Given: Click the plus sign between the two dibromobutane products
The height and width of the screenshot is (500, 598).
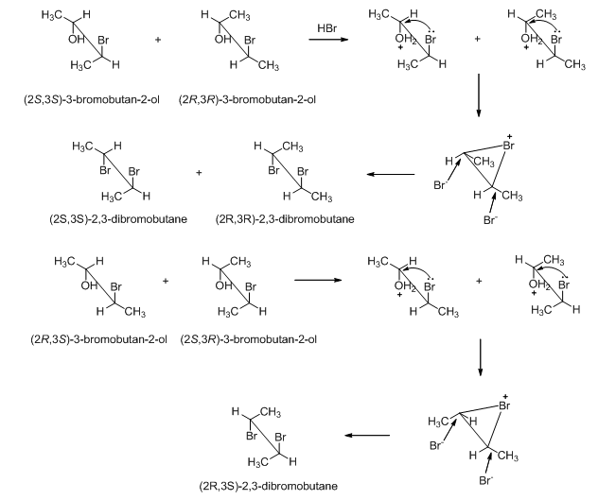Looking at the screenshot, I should (x=199, y=174).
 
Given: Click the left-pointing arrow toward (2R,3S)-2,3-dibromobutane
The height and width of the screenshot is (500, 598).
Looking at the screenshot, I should (x=366, y=436).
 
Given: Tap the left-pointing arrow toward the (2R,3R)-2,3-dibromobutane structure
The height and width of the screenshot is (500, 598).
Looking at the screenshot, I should (x=391, y=174).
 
